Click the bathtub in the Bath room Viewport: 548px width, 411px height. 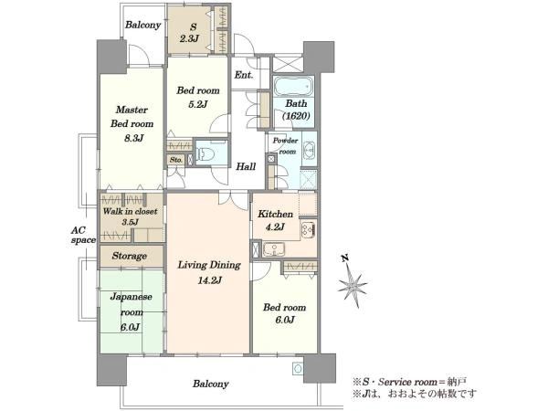click(293, 86)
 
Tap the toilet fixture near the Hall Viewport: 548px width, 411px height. click(206, 153)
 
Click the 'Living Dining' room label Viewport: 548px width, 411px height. click(209, 265)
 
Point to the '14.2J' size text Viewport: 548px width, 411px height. click(209, 280)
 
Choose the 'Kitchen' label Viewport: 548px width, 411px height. click(276, 214)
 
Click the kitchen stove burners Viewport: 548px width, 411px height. click(309, 228)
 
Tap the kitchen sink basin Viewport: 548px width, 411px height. click(274, 249)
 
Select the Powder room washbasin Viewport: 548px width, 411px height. click(309, 151)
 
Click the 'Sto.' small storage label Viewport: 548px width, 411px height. click(176, 160)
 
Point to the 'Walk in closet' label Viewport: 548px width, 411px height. click(130, 211)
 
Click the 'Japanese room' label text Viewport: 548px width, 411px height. click(131, 304)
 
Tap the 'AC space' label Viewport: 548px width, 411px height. click(83, 236)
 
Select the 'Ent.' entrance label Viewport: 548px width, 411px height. click(244, 75)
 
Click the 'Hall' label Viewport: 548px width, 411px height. click(246, 166)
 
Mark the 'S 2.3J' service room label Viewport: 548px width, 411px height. click(189, 33)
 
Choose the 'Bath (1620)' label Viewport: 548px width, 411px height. click(296, 110)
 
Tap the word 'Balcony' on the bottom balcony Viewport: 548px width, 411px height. click(211, 384)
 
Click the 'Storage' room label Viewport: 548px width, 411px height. click(130, 256)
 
